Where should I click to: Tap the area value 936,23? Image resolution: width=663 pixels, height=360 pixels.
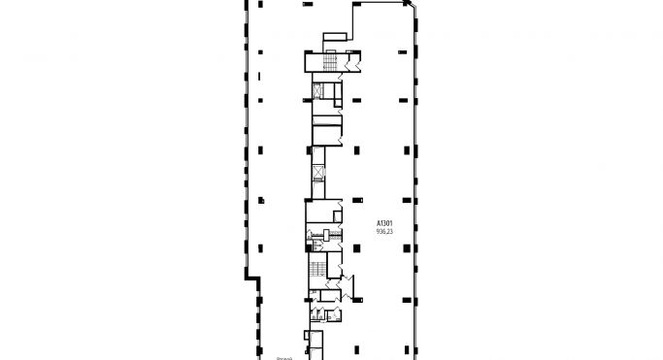click(385, 232)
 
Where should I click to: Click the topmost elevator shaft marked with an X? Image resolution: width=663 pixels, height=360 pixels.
click(316, 91)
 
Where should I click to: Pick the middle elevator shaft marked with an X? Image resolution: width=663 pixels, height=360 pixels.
click(317, 174)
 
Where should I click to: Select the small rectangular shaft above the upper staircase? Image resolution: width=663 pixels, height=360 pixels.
click(332, 37)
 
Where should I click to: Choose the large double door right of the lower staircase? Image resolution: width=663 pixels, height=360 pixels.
click(347, 285)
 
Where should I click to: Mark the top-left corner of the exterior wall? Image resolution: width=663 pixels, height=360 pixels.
click(244, 3)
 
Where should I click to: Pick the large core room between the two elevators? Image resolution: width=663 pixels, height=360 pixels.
click(326, 136)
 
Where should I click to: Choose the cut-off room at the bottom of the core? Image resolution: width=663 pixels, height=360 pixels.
click(316, 344)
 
